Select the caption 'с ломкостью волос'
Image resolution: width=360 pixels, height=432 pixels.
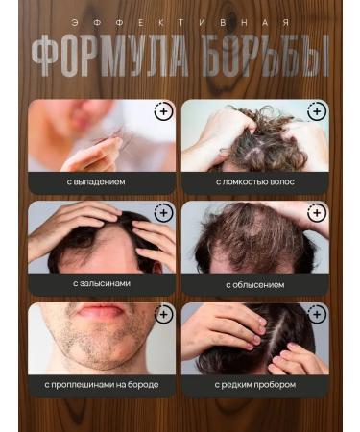coord(254,180)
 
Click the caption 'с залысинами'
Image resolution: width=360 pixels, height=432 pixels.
coord(101,283)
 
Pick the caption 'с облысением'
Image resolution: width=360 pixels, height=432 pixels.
coord(254,283)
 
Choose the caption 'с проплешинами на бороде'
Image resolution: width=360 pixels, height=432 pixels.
coord(101,385)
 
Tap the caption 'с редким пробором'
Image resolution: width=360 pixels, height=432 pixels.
coord(254,385)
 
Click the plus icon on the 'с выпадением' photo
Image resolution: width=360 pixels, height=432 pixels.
coord(163,112)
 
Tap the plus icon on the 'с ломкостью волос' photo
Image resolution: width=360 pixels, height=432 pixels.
coord(317,112)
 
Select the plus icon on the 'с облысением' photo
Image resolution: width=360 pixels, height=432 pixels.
coord(317,213)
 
